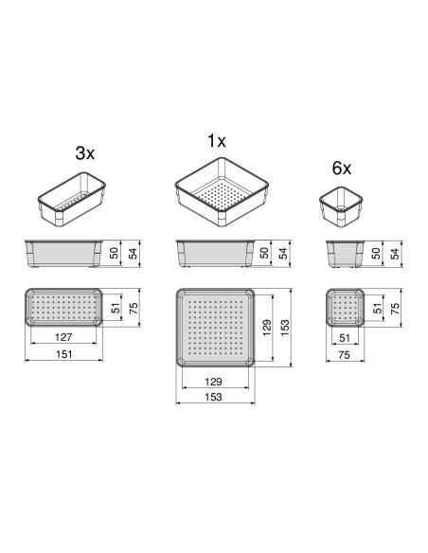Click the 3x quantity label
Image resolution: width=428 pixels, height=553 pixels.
tap(85, 153)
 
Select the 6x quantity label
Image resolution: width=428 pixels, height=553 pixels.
tap(341, 168)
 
